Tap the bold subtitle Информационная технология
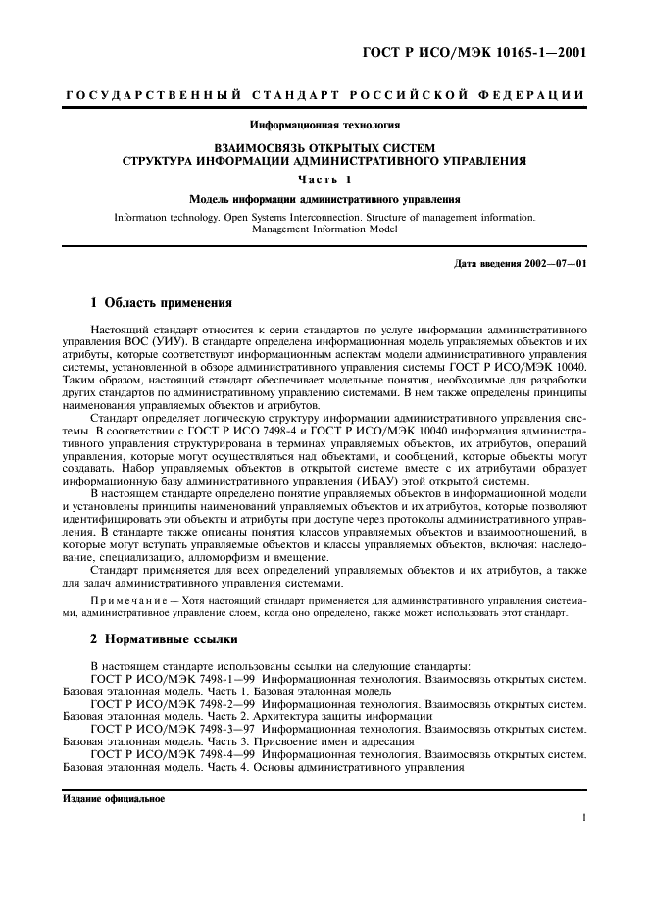324,125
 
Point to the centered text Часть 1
324,178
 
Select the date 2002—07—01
555,263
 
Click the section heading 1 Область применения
161,302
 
